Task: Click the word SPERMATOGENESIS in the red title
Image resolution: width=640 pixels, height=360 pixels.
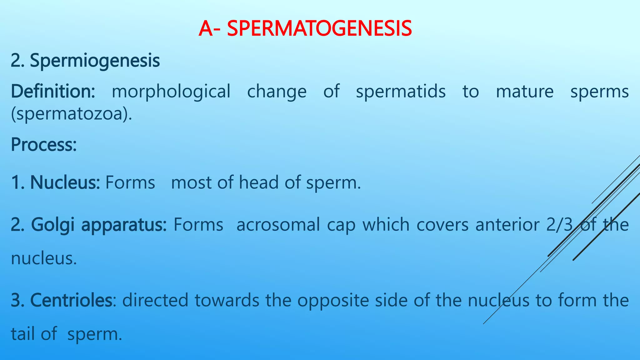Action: [x=319, y=28]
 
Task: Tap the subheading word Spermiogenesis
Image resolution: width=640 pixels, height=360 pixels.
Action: [x=95, y=61]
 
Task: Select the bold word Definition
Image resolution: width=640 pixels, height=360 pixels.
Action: [x=52, y=92]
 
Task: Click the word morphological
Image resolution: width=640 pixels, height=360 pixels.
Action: [x=171, y=92]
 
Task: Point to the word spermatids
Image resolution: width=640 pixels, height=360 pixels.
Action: [x=401, y=92]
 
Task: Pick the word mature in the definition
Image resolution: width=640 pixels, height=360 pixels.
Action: [x=525, y=92]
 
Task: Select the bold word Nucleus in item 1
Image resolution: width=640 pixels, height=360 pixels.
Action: [x=64, y=182]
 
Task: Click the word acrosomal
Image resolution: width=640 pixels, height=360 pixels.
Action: [x=278, y=225]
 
